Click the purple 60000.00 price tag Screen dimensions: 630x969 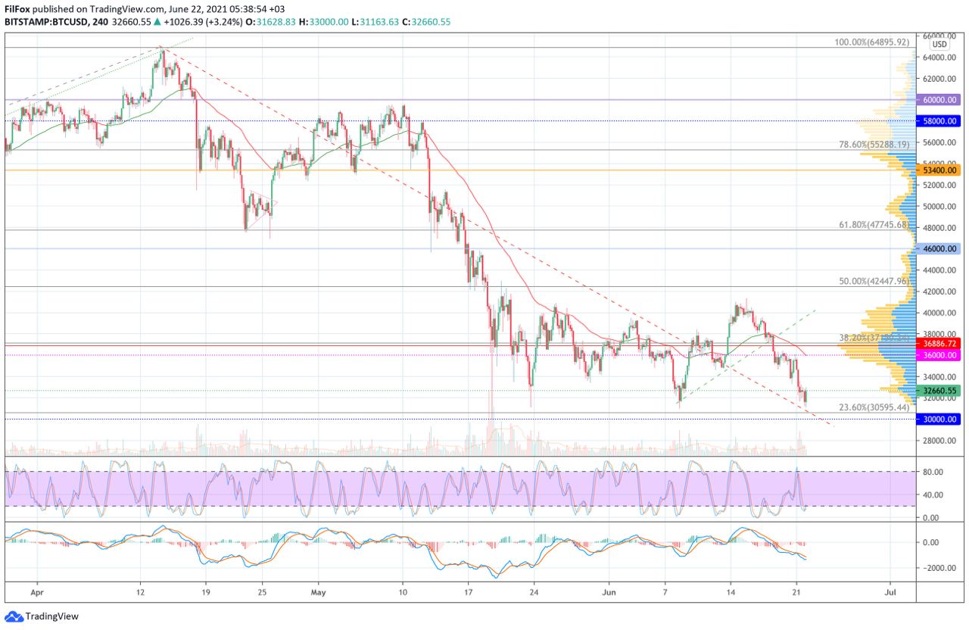coord(939,99)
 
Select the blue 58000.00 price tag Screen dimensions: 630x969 coord(939,120)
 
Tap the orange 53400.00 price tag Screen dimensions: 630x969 coord(939,170)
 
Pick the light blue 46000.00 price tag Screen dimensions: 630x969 coord(939,248)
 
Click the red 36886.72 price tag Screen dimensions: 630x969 coord(939,343)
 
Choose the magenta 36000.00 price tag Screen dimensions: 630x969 coord(939,354)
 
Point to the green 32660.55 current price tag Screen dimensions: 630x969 coord(939,391)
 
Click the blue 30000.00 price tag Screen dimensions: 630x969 coord(939,419)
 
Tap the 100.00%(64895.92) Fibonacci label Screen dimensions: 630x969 coord(871,42)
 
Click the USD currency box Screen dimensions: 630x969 coord(939,45)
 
